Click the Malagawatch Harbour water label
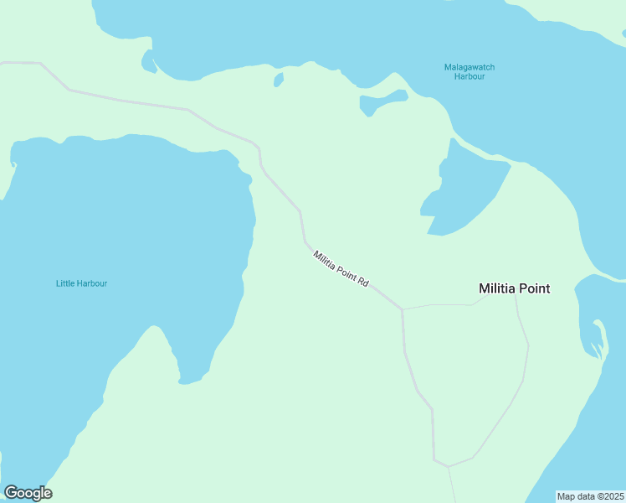click(469, 71)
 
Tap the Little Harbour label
click(81, 283)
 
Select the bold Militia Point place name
click(514, 288)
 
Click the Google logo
click(28, 493)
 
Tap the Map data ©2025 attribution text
click(591, 496)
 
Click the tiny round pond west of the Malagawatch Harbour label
click(278, 80)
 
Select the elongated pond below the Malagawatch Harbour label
click(382, 102)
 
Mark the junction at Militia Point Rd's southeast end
click(403, 309)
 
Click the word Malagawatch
click(469, 66)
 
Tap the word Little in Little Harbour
click(65, 283)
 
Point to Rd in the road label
click(363, 283)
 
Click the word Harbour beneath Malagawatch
click(469, 76)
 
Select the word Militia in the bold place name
click(496, 288)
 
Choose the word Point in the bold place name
click(534, 288)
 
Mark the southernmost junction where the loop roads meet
click(448, 466)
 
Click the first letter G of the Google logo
click(10, 493)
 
